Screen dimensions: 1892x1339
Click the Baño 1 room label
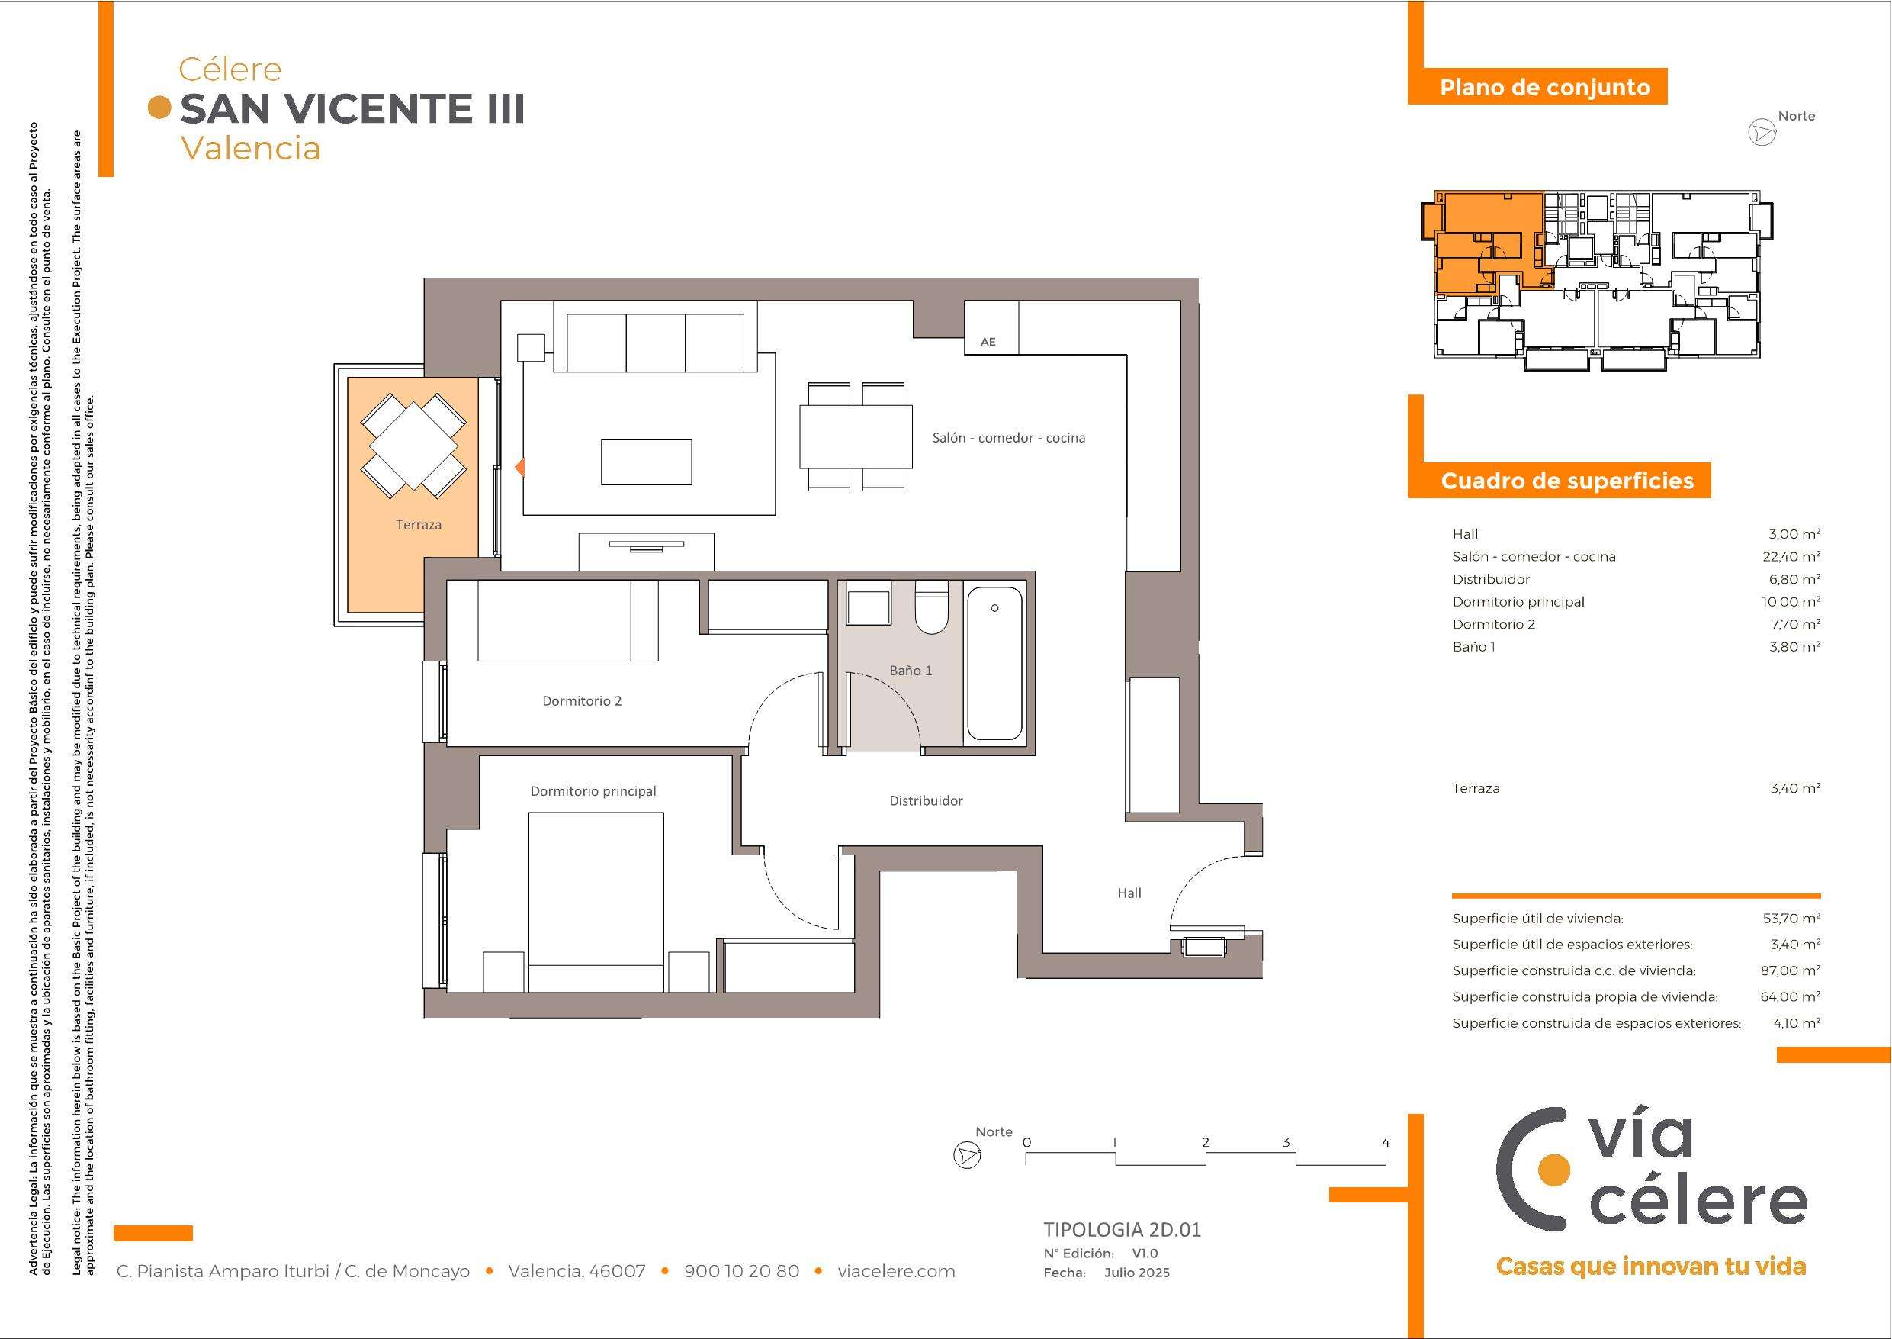(x=911, y=671)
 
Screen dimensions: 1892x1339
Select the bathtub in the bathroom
(x=994, y=663)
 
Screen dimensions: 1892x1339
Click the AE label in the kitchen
(x=988, y=341)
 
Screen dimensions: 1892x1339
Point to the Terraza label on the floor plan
(x=419, y=524)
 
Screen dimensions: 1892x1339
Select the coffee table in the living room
(x=646, y=462)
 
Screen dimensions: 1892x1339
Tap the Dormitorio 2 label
(x=582, y=701)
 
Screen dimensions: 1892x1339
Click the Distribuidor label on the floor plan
(x=927, y=800)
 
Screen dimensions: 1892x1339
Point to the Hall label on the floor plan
(x=1129, y=893)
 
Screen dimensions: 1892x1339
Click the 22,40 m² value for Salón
(x=1791, y=556)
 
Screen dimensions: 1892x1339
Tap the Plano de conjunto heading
(x=1545, y=88)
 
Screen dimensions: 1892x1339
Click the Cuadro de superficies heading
(x=1567, y=481)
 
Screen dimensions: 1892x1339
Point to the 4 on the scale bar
(x=1386, y=1143)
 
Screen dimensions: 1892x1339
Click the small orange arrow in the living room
(x=520, y=468)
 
